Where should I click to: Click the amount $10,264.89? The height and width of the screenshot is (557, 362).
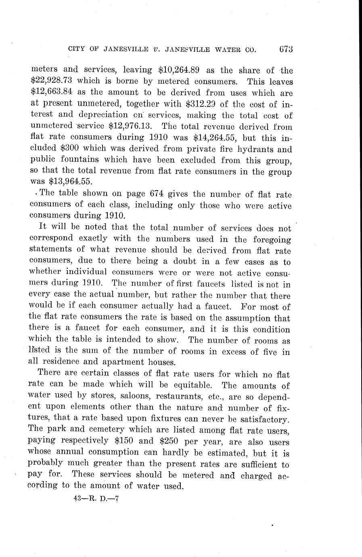click(x=178, y=71)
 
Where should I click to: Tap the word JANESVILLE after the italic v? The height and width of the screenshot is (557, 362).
click(x=186, y=50)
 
